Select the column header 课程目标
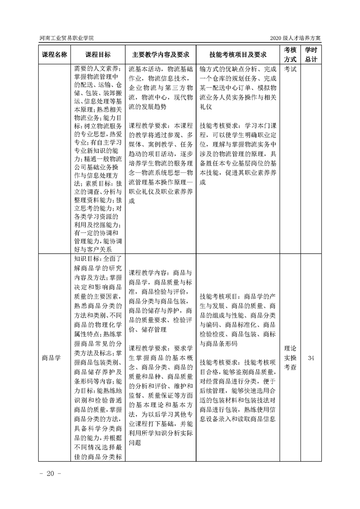[98, 54]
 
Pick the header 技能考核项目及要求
[237, 54]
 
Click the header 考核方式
[290, 54]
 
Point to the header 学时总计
[311, 54]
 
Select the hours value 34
[311, 357]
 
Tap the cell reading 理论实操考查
[290, 357]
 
